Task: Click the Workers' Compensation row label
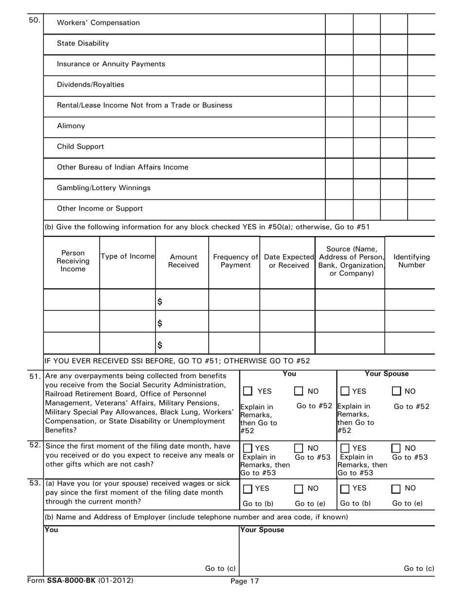coord(98,23)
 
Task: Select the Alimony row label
coord(71,126)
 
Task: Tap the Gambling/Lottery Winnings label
coord(104,188)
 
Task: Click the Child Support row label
coord(80,146)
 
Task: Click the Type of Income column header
coord(127,256)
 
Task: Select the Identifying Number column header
coord(411,261)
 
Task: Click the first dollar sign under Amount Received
coord(160,302)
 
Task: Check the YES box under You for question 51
coord(248,391)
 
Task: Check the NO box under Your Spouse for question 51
coord(397,391)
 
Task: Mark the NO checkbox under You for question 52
coord(299,448)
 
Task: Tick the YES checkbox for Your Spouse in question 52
coord(345,448)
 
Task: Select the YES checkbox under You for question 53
coord(248,489)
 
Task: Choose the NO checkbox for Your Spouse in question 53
coord(397,489)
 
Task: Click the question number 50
coord(35,20)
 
